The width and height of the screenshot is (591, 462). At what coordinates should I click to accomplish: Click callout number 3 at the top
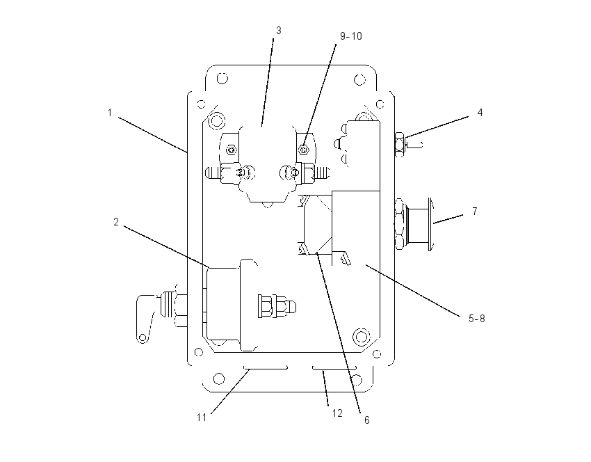pyautogui.click(x=279, y=31)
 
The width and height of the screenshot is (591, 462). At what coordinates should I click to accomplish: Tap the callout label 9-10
pyautogui.click(x=351, y=36)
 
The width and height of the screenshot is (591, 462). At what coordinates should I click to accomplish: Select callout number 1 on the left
pyautogui.click(x=110, y=113)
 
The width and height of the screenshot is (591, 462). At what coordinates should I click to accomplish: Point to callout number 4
pyautogui.click(x=480, y=113)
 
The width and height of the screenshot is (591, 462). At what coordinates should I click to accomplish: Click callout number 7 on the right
pyautogui.click(x=475, y=212)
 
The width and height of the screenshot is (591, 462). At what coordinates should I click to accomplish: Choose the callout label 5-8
pyautogui.click(x=477, y=319)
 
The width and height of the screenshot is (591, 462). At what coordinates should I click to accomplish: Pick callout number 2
pyautogui.click(x=116, y=222)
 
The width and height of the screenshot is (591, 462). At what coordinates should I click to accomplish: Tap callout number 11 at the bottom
pyautogui.click(x=202, y=417)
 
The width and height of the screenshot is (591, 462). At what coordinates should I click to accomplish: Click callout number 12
pyautogui.click(x=337, y=413)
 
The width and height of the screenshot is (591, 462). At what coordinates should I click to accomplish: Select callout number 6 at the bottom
pyautogui.click(x=366, y=420)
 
